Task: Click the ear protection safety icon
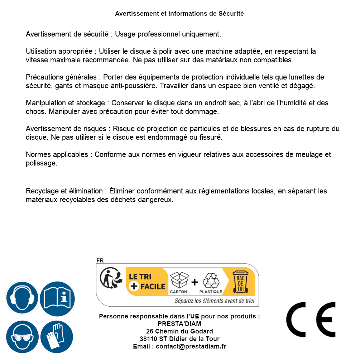(x=22, y=298)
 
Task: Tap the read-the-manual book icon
(x=57, y=298)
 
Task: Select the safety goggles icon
(x=22, y=337)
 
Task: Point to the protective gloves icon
(x=57, y=337)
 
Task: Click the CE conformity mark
(x=311, y=320)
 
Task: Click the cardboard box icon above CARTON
(x=178, y=280)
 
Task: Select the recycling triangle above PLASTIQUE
(x=211, y=280)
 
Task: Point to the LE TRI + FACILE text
(x=147, y=282)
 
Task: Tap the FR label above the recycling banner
(x=100, y=260)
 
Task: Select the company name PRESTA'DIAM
(x=179, y=324)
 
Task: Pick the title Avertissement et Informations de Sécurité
(x=179, y=14)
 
